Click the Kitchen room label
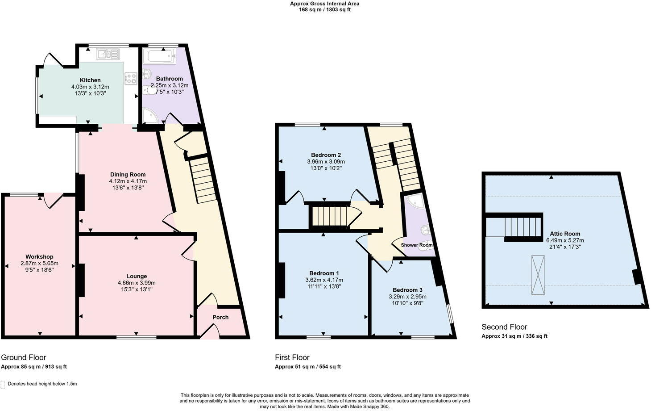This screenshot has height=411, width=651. [90, 80]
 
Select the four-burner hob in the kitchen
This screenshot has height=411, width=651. [131, 79]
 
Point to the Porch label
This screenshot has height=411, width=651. [220, 317]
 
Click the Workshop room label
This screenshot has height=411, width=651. [39, 256]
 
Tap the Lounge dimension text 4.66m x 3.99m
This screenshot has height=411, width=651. [137, 283]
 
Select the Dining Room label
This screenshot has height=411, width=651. [128, 174]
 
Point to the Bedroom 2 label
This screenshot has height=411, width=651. [326, 155]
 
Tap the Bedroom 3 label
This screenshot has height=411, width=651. [407, 289]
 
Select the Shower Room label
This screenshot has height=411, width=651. [416, 245]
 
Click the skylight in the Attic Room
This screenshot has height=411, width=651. [538, 274]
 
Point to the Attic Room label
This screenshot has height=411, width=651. [565, 233]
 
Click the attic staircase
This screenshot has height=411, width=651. [523, 228]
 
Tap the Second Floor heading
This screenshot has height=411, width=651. [504, 327]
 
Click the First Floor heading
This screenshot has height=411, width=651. [292, 357]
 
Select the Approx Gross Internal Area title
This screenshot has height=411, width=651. [324, 4]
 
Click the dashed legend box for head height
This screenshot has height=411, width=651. [3, 384]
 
